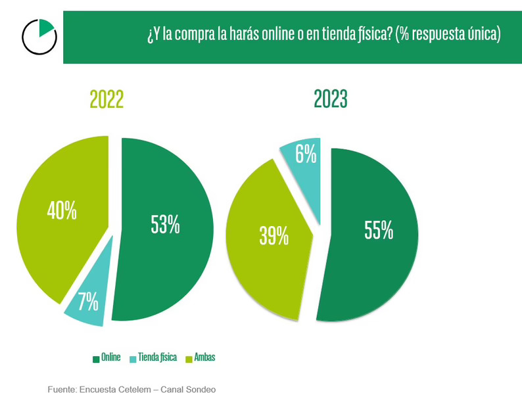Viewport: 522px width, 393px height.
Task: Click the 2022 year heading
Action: click(107, 99)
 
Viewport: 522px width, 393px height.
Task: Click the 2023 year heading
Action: click(331, 99)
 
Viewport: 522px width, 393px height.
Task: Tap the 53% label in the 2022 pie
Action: click(165, 224)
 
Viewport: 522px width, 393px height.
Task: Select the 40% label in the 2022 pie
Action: click(62, 211)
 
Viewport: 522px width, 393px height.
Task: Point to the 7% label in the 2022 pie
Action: click(87, 301)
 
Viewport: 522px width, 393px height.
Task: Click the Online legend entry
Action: click(110, 358)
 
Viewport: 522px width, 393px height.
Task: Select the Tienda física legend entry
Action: click(158, 358)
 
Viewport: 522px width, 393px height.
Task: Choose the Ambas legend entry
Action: click(204, 358)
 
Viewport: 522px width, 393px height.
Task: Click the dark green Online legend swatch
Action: click(96, 358)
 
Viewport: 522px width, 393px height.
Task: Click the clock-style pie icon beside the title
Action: click(39, 36)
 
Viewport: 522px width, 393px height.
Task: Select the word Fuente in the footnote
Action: click(61, 389)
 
